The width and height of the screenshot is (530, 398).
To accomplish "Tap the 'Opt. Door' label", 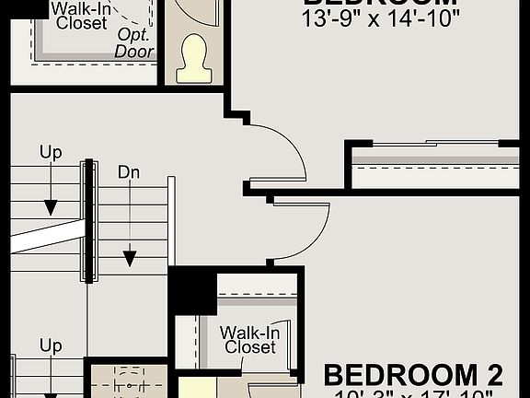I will coord(134,43).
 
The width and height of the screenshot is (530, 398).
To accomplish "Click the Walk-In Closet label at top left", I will coord(81,16).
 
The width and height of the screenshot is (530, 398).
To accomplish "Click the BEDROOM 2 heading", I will coord(413,375).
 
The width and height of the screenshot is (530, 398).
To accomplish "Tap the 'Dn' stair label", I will coord(129,171).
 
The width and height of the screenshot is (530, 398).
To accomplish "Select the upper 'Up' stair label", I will coord(51,150).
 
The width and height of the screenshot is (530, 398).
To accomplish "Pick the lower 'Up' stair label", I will coord(51,345).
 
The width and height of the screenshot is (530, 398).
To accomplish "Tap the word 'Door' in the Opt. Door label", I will coord(134,52).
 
